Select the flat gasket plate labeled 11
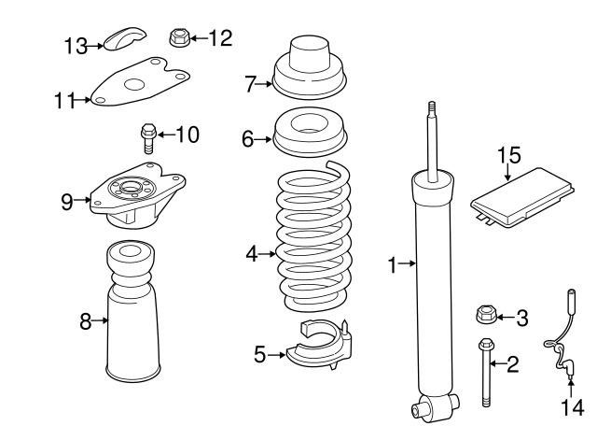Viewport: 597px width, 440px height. [x=141, y=85]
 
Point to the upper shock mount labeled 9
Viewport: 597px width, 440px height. [x=133, y=200]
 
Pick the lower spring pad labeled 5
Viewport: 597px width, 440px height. [x=319, y=349]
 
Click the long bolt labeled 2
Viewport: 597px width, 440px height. [x=484, y=374]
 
